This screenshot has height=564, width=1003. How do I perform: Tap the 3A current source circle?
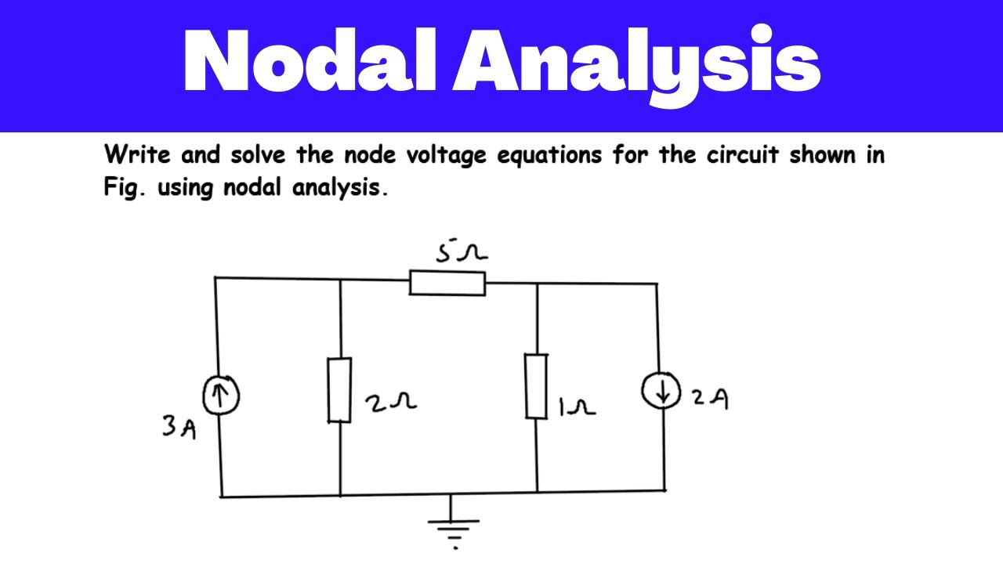coord(221,396)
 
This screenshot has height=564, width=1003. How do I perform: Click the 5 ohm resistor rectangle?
coord(447,283)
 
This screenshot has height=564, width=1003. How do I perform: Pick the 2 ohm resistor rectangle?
coord(339,390)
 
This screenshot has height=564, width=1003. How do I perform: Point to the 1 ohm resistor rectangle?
coord(536,386)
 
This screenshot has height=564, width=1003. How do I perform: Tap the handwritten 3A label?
coord(179,428)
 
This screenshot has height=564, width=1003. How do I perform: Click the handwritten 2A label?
coord(710,399)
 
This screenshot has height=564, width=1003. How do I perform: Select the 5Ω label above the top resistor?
coord(462,253)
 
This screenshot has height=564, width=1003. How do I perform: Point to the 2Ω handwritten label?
coord(390,403)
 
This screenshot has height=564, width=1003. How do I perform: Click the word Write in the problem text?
coord(136,155)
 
